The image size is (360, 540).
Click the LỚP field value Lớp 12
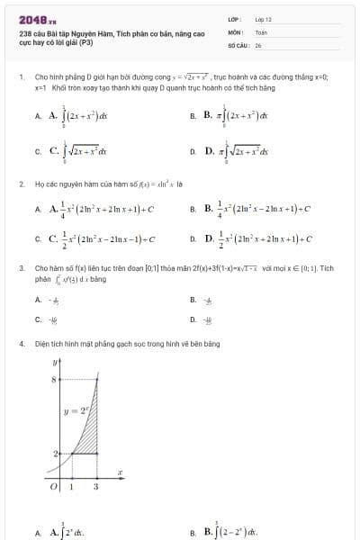[263, 19]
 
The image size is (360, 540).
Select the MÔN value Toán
[261, 31]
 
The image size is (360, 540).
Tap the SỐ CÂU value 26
[258, 43]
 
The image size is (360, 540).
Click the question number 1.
[21, 77]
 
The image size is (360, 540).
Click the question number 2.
[21, 184]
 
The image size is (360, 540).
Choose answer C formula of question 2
[103, 239]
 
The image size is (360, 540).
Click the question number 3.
[21, 268]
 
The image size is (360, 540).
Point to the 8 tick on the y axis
[53, 381]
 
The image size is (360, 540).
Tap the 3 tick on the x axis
[96, 487]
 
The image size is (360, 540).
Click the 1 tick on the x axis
[72, 487]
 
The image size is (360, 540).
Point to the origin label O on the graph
[53, 487]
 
